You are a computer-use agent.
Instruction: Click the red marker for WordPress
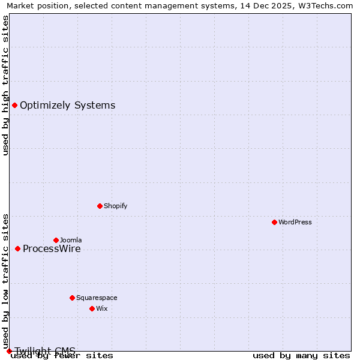274,222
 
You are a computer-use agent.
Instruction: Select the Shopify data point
100,206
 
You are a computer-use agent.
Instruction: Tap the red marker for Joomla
56,240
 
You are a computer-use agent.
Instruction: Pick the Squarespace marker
72,298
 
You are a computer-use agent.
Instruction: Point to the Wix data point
92,308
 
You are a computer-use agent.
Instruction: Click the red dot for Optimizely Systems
14,106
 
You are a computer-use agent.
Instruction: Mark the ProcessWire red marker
17,248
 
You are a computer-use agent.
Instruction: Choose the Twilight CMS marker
9,351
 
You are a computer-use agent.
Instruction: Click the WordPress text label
295,222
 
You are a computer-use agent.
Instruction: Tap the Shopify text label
116,206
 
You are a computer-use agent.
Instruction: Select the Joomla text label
71,240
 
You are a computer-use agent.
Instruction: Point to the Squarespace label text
97,298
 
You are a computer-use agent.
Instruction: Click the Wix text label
102,308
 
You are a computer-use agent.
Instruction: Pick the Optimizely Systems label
68,106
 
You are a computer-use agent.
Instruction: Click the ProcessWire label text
52,249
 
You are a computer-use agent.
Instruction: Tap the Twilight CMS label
45,351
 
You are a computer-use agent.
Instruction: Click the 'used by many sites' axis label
301,356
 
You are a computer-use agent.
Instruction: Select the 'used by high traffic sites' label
5,85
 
